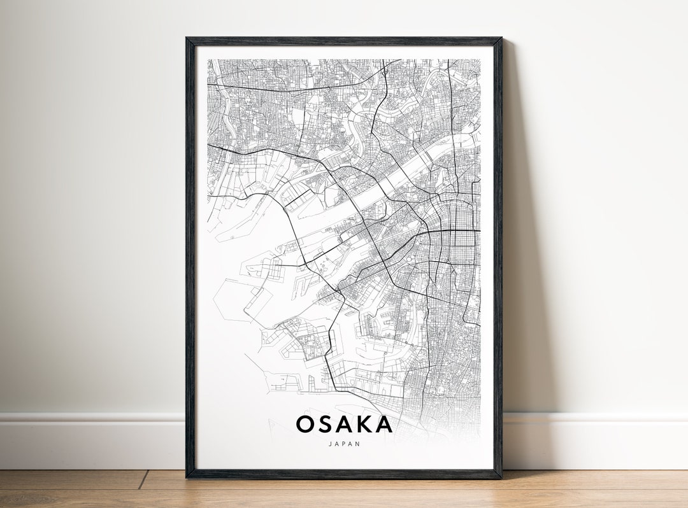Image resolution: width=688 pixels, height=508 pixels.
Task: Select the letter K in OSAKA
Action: tap(364, 424)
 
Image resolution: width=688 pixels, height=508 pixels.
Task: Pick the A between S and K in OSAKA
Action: tap(345, 424)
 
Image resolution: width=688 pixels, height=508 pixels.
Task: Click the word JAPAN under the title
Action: tap(344, 444)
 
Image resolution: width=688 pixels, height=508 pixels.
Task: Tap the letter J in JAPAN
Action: tap(330, 444)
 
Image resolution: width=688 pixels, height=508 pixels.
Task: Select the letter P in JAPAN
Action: tap(344, 444)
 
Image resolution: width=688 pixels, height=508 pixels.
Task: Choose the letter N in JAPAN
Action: tap(358, 444)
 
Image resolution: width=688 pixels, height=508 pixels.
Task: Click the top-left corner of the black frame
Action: tap(187, 39)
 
